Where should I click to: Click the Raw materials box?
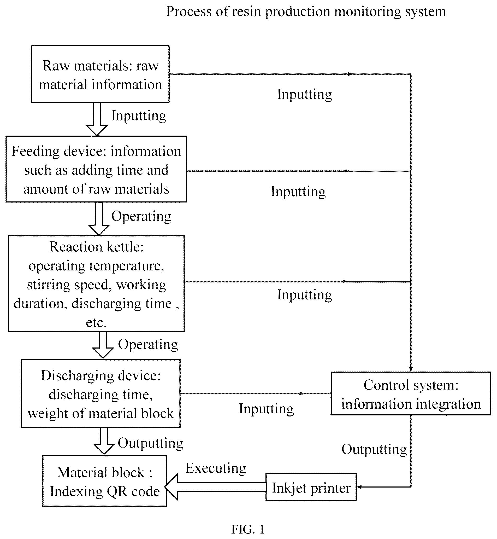tap(100, 74)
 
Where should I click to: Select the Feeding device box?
tap(96, 169)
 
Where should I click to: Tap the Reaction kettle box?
tap(96, 283)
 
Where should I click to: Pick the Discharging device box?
tap(100, 394)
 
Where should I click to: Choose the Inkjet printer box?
tap(311, 487)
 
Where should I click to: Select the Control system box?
tap(411, 394)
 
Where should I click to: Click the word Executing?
tap(216, 468)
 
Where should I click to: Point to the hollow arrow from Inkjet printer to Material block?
tap(215, 487)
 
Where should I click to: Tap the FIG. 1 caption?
tap(248, 529)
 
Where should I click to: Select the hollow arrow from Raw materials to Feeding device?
tap(97, 119)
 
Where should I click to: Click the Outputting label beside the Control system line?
tap(374, 450)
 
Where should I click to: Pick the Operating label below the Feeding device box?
tap(141, 216)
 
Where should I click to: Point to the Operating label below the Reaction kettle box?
tap(148, 345)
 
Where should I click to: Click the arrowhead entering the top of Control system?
tap(411, 369)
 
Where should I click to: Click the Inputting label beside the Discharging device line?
tap(266, 409)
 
